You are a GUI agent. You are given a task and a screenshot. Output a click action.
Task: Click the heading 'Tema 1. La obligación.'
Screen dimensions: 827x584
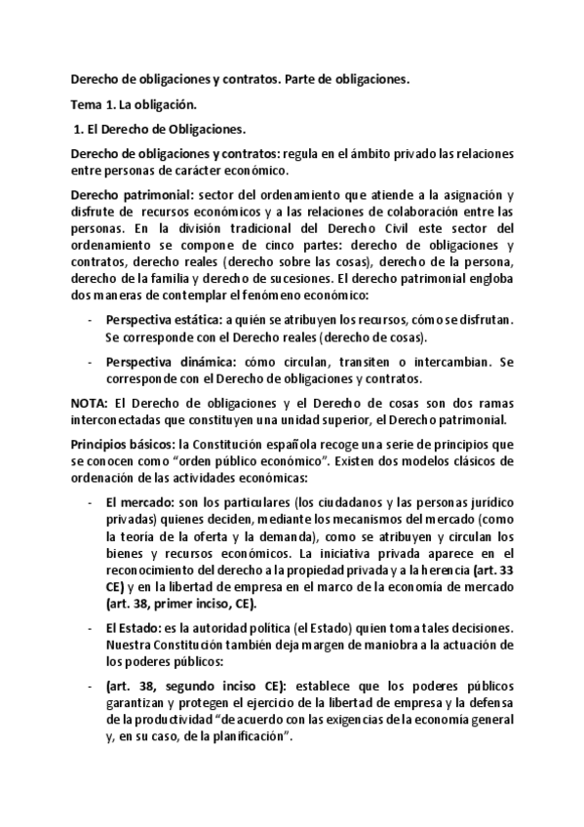[x=136, y=103]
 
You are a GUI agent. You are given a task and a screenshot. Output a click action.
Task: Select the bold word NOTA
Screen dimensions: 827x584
[x=92, y=403]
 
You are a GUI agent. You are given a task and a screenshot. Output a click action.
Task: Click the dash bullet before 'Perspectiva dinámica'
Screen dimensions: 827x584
[x=91, y=360]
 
